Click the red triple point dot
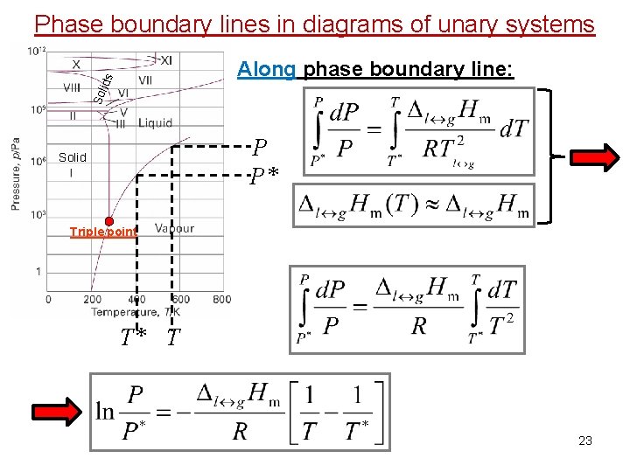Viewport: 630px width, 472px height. tap(109, 221)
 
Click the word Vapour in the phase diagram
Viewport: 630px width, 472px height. tap(174, 229)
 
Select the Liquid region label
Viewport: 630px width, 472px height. tap(155, 123)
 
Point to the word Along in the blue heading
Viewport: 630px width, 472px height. tap(266, 69)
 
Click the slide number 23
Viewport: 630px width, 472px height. tap(585, 441)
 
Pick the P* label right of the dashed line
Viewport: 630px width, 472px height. tap(264, 179)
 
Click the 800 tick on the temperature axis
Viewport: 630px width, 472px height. tap(221, 299)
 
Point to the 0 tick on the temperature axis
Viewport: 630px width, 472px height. tap(48, 299)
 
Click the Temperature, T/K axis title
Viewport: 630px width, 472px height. tap(131, 312)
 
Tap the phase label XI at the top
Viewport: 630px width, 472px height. tap(165, 59)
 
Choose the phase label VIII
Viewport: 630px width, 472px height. tap(72, 87)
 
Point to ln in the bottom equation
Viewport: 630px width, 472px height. tap(107, 410)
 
